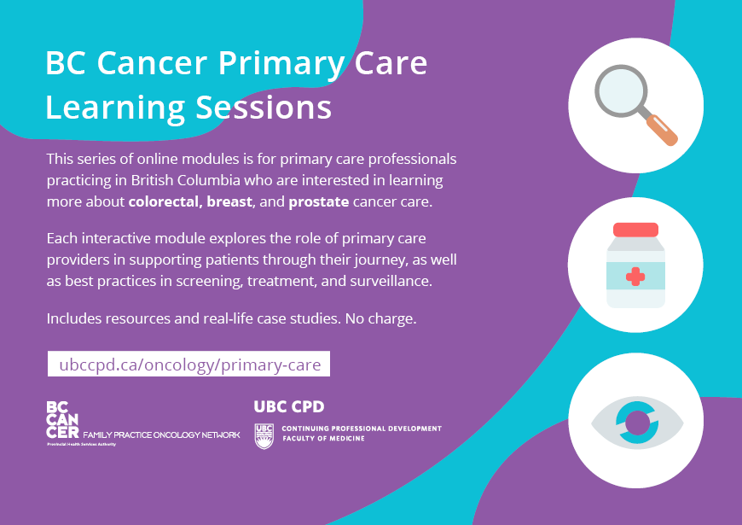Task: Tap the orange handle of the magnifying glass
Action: [x=662, y=130]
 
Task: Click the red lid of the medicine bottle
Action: [x=635, y=230]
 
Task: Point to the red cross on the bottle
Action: [x=635, y=277]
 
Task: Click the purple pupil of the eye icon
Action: [x=637, y=423]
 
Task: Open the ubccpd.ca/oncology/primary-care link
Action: [x=189, y=365]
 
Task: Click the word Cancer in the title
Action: [x=153, y=63]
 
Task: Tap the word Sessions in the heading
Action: [x=264, y=108]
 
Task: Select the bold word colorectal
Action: [x=165, y=201]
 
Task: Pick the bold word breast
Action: [x=229, y=201]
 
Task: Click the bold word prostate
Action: [x=319, y=202]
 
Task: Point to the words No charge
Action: [x=381, y=318]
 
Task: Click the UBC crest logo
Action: [x=264, y=436]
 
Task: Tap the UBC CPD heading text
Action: [x=289, y=406]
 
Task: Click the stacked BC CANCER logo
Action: [x=62, y=420]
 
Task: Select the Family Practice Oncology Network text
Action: [x=161, y=435]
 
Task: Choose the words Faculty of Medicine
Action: [x=324, y=439]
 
